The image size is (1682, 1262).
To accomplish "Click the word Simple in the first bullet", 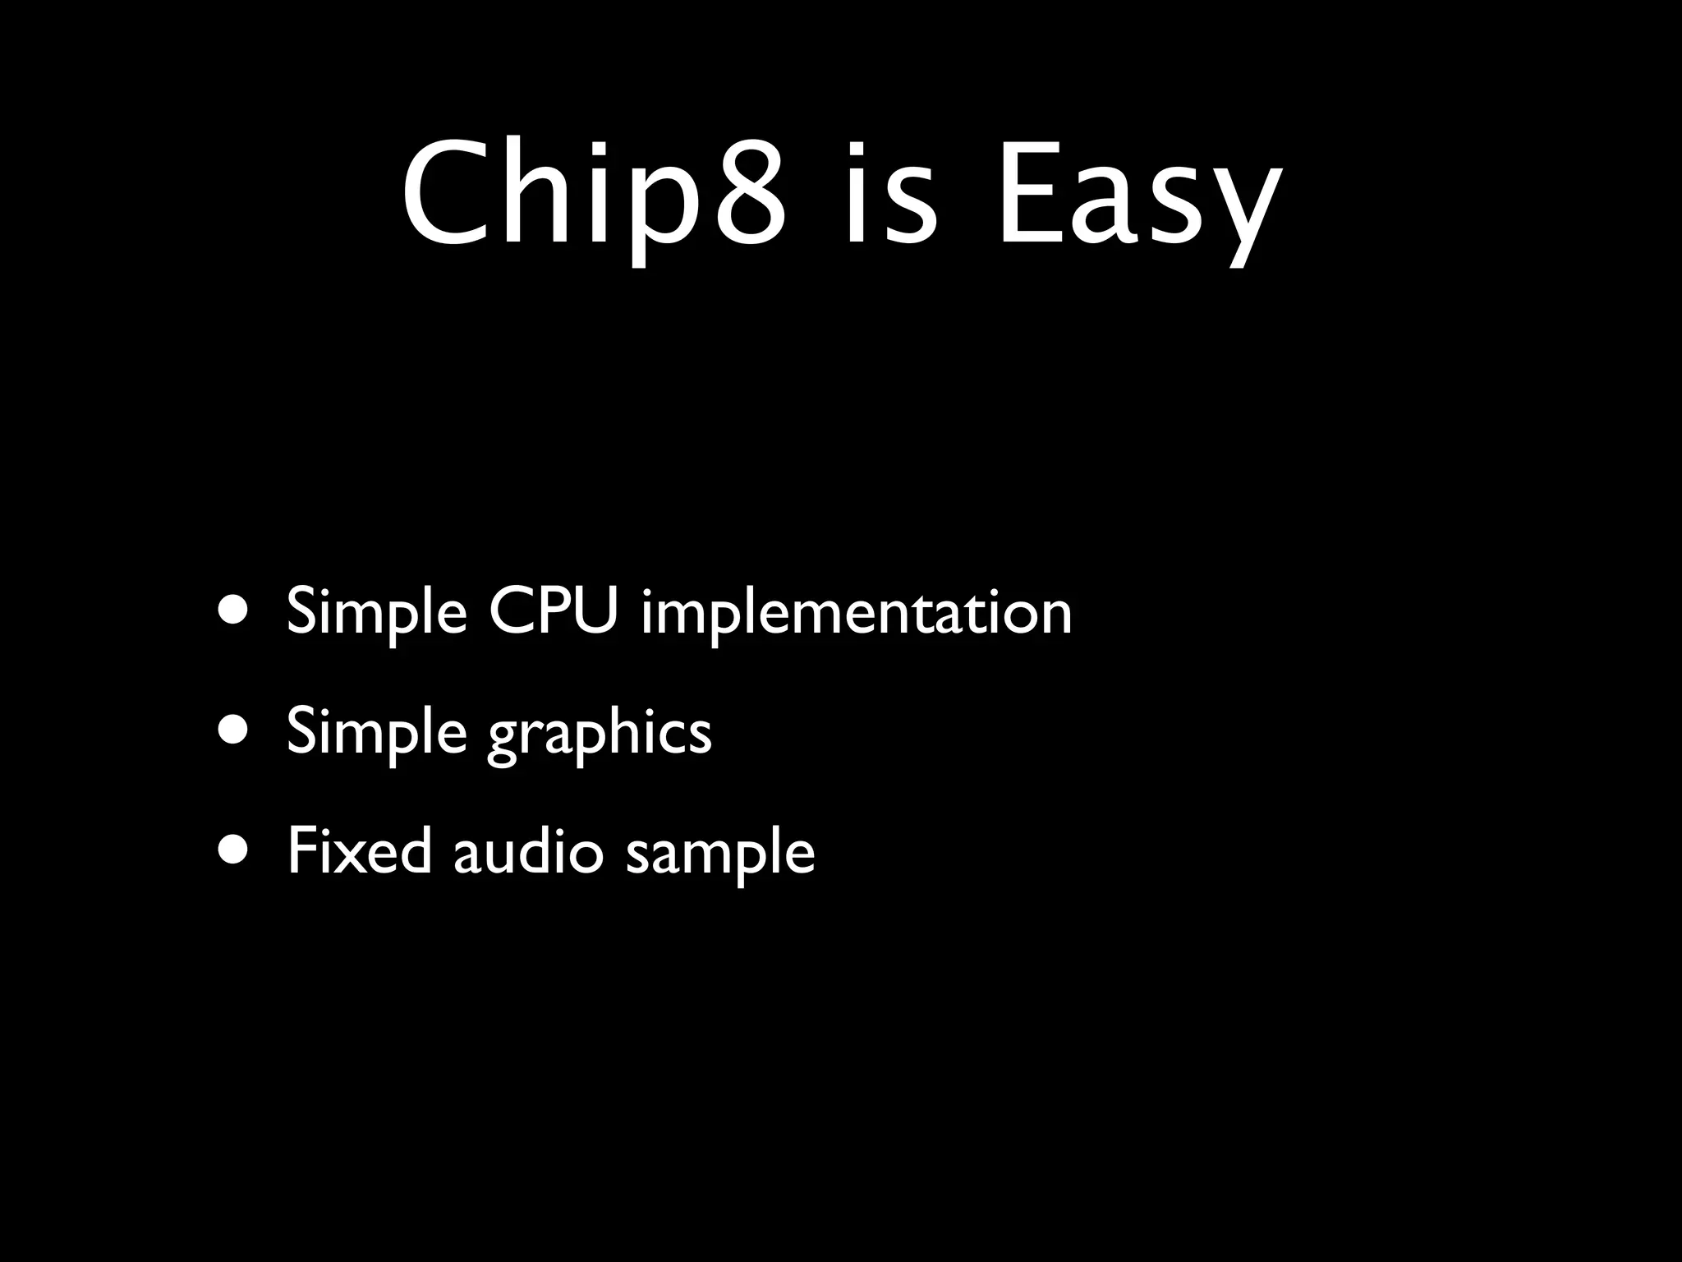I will (377, 612).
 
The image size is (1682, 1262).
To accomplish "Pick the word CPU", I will (552, 612).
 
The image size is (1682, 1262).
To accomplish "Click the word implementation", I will (857, 612).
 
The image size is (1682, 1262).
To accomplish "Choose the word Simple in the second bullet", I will (377, 731).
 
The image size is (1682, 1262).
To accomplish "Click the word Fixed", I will (359, 851).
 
